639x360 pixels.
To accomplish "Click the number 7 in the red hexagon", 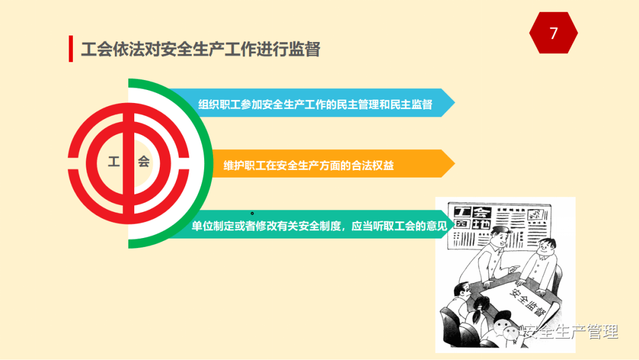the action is pos(553,33).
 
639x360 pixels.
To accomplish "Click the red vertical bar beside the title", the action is pos(71,49).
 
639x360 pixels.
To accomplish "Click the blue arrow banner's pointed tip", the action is pos(454,103).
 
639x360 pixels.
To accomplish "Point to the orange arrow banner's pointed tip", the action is pos(454,163).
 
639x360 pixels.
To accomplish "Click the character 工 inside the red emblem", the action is pos(114,162).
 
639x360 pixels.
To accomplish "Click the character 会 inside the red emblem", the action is pos(143,162).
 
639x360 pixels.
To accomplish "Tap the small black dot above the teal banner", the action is pos(252,213).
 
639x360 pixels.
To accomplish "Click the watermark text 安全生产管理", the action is pos(570,332).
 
